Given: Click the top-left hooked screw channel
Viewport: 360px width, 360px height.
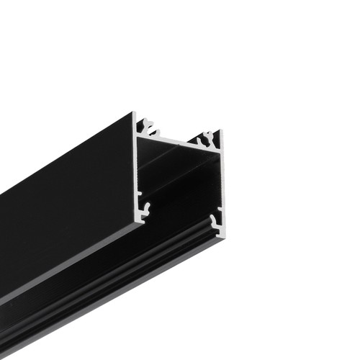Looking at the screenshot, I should tap(150, 128).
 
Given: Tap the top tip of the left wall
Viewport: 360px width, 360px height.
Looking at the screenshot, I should tap(135, 113).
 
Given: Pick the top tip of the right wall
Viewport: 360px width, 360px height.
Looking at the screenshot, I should tap(221, 132).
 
